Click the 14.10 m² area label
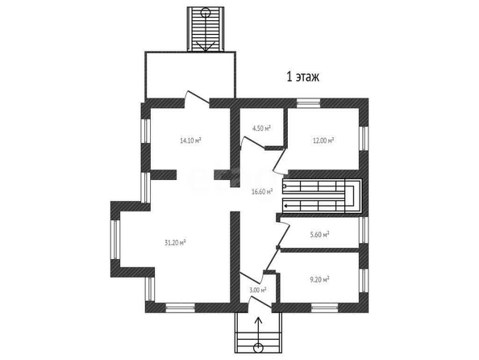(x=190, y=140)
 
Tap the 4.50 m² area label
(x=262, y=128)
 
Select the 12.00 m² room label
(x=323, y=140)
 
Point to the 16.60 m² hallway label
(x=262, y=192)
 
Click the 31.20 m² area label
(x=175, y=242)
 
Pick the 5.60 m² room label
(x=319, y=235)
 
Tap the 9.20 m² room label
(x=319, y=279)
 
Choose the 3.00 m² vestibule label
(x=258, y=290)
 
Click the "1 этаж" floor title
(x=302, y=77)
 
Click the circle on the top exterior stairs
(x=206, y=13)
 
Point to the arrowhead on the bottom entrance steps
(x=258, y=320)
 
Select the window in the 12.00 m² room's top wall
(x=308, y=103)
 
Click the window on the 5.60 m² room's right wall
(x=364, y=230)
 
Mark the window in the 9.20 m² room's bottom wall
(x=324, y=308)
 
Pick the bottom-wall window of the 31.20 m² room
(x=181, y=308)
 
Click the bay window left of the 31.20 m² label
(x=115, y=240)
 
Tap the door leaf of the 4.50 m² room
(x=253, y=143)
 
